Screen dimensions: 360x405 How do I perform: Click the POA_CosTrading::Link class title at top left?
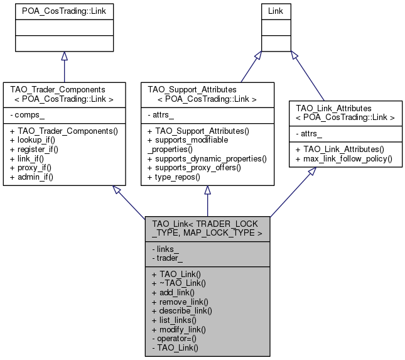coord(64,13)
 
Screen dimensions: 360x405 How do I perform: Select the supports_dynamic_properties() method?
coord(207,160)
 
